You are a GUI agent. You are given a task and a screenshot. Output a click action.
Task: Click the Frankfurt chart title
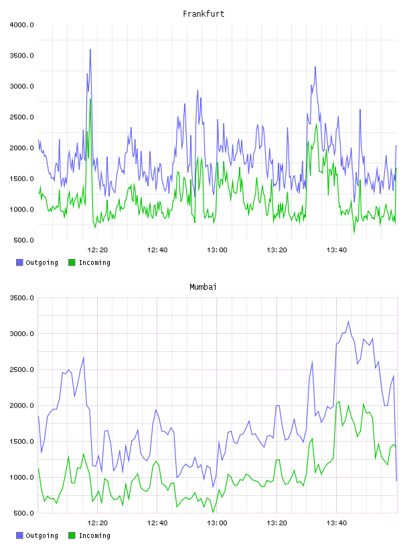click(203, 14)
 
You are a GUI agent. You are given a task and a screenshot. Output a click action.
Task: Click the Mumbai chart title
click(203, 287)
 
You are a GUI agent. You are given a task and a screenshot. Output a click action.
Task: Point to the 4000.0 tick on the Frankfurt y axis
click(22, 25)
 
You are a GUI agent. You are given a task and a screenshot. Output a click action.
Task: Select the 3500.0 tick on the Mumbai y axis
click(22, 298)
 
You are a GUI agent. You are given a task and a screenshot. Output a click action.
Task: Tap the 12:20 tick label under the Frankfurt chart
click(98, 250)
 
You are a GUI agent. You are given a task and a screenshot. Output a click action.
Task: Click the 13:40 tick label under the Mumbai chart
click(337, 523)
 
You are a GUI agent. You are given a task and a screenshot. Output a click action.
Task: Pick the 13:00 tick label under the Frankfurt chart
click(217, 250)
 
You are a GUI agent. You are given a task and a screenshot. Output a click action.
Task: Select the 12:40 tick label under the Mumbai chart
click(157, 523)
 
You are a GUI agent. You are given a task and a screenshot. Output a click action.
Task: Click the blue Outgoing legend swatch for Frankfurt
click(19, 262)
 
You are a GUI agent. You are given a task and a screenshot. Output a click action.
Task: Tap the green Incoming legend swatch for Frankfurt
click(72, 262)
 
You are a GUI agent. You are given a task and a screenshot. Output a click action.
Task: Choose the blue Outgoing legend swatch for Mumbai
click(19, 535)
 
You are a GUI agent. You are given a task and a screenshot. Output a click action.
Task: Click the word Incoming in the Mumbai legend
click(94, 535)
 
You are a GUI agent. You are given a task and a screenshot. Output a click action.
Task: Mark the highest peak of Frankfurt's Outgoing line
click(90, 50)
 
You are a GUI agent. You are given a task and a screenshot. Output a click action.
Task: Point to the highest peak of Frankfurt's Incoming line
click(90, 99)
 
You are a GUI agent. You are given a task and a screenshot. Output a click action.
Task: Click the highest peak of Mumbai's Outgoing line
click(349, 321)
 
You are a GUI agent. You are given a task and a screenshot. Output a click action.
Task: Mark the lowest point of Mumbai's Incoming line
click(214, 512)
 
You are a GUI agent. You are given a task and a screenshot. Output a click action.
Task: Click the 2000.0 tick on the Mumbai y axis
click(22, 405)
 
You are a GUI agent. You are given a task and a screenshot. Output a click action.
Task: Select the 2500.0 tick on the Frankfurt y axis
click(22, 117)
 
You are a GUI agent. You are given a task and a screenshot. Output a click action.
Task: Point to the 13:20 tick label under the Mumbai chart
click(276, 523)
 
